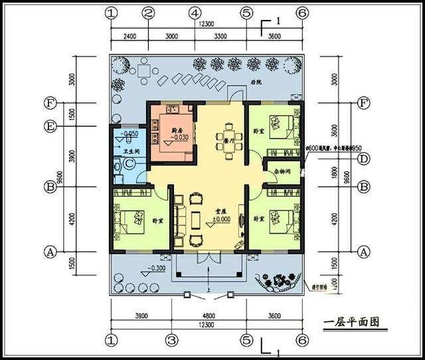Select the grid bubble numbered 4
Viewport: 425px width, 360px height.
point(195,13)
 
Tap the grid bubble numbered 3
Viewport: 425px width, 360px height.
point(171,340)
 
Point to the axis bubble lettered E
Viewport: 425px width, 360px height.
point(49,126)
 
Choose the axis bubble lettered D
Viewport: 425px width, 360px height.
point(363,159)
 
